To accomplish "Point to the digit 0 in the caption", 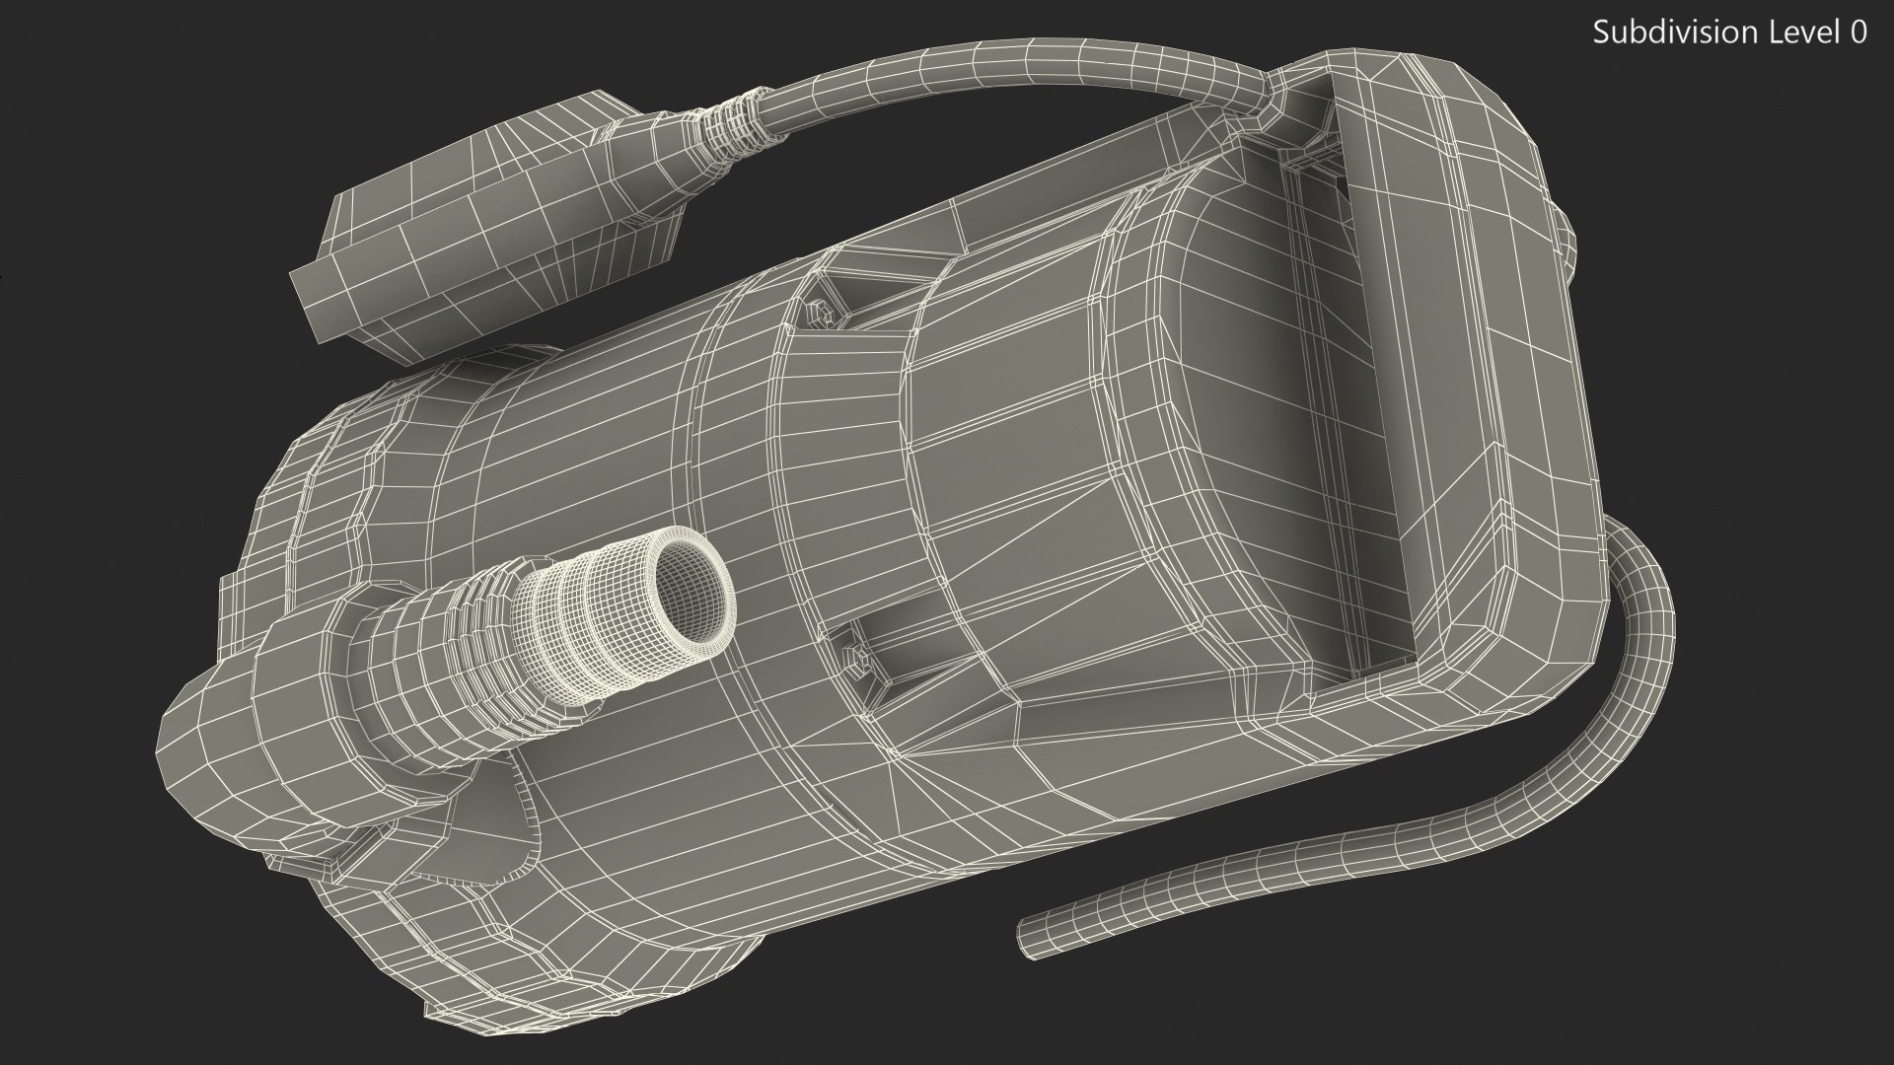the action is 1858,33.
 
